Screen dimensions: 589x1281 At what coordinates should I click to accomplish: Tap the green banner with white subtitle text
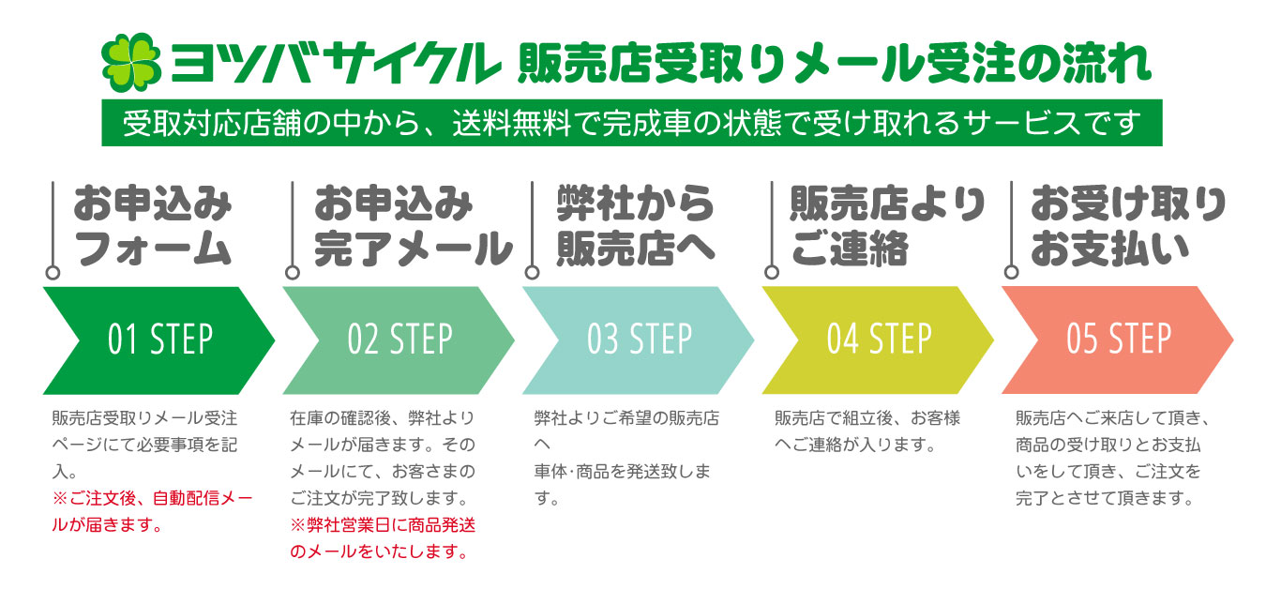(631, 123)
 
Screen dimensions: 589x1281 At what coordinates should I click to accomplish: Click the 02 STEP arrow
(399, 340)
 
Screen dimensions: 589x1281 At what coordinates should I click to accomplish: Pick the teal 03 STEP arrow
(639, 340)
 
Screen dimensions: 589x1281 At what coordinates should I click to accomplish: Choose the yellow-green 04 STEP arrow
(878, 340)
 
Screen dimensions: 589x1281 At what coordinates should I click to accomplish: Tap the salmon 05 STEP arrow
(1118, 340)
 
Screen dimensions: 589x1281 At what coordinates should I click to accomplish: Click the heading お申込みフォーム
(153, 226)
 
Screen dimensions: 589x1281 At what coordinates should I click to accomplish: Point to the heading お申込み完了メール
(413, 226)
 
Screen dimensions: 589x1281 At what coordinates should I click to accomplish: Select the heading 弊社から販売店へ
(636, 226)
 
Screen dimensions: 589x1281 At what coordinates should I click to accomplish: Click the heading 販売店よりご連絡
(886, 226)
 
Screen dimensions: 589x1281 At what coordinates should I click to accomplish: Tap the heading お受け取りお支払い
(1128, 226)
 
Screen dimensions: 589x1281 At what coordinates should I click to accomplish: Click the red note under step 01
(152, 510)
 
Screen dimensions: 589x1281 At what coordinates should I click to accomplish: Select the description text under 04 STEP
(867, 430)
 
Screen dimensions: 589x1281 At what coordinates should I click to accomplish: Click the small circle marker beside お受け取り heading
(1011, 273)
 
